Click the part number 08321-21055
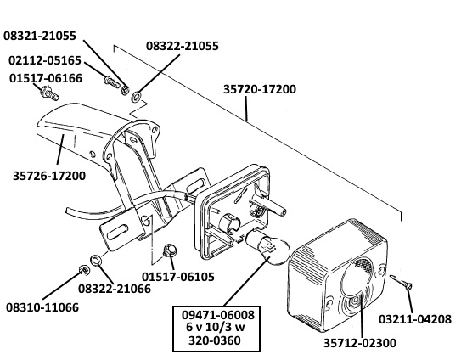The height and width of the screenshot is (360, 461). pyautogui.click(x=40, y=36)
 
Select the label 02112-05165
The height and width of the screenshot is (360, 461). pyautogui.click(x=45, y=60)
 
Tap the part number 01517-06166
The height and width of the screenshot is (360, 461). pyautogui.click(x=46, y=78)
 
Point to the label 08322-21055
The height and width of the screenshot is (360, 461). pyautogui.click(x=183, y=46)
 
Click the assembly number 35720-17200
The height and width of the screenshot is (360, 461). pyautogui.click(x=260, y=89)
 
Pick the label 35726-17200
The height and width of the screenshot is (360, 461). pyautogui.click(x=49, y=176)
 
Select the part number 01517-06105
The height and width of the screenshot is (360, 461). pyautogui.click(x=178, y=277)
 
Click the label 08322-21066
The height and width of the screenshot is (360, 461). pyautogui.click(x=115, y=289)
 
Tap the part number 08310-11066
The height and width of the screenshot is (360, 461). pyautogui.click(x=42, y=307)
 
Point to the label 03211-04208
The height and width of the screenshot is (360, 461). pyautogui.click(x=414, y=319)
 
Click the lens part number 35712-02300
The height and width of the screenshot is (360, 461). pyautogui.click(x=360, y=343)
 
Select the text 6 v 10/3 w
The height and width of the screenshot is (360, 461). pyautogui.click(x=216, y=327)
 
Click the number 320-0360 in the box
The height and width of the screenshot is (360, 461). pyautogui.click(x=215, y=340)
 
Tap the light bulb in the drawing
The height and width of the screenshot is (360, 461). pyautogui.click(x=267, y=247)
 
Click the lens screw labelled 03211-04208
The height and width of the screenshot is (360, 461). pyautogui.click(x=402, y=281)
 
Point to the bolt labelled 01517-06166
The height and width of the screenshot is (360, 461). pyautogui.click(x=49, y=92)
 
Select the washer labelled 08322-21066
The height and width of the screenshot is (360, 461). pyautogui.click(x=96, y=260)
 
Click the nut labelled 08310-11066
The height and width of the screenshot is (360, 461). pyautogui.click(x=84, y=269)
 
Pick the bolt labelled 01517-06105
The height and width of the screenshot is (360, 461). pyautogui.click(x=170, y=250)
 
